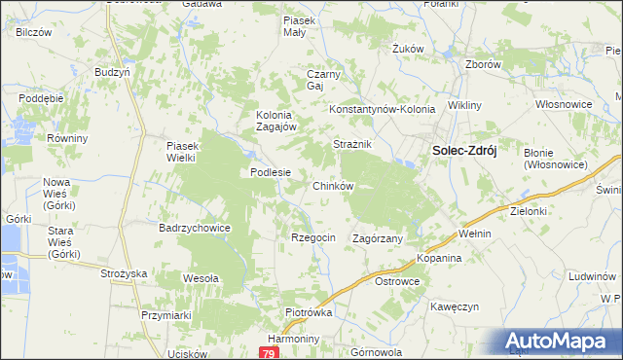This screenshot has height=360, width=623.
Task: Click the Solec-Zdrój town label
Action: coord(458,151)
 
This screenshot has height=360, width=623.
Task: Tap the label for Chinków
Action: coord(332,185)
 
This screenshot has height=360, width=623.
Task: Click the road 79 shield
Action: coord(268,354)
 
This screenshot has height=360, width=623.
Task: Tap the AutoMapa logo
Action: coord(561,342)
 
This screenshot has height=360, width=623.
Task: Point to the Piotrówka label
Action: coord(310,313)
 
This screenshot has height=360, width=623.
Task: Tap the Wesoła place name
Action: coord(202,278)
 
